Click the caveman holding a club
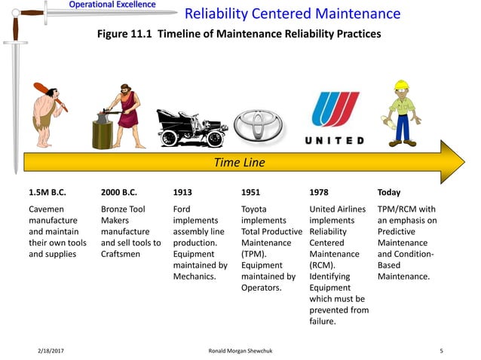(47, 113)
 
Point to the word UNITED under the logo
(335, 141)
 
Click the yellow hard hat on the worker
(401, 85)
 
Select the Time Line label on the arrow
(240, 162)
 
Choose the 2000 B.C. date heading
(120, 192)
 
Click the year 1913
(182, 192)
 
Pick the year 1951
(250, 192)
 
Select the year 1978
(319, 192)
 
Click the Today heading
(389, 192)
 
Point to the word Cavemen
(46, 209)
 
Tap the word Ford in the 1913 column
(182, 209)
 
